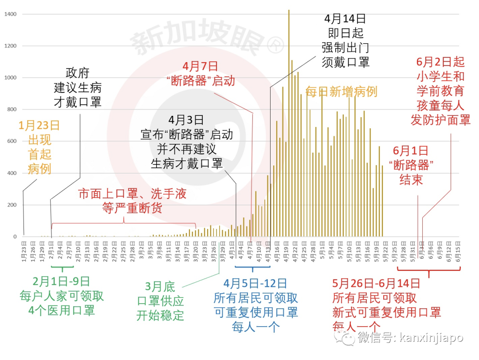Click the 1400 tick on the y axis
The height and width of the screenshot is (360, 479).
coord(10,14)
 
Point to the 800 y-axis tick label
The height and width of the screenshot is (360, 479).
coord(12,110)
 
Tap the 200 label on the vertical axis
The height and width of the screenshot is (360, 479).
coord(12,205)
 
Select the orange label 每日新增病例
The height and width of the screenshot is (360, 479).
coord(341,92)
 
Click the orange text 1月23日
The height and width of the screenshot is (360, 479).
coord(39,126)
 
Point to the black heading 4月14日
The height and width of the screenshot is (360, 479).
coord(345,19)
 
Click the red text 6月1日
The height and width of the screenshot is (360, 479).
coord(411,150)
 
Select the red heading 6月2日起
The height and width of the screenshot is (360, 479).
coord(440,62)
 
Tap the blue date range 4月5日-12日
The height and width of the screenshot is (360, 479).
coord(255,284)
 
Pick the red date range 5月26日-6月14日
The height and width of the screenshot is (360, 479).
coord(376,284)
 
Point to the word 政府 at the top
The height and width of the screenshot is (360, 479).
coord(78,73)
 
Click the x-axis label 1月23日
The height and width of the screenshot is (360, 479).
coord(24,252)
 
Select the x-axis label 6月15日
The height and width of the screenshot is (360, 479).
coord(458,252)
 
